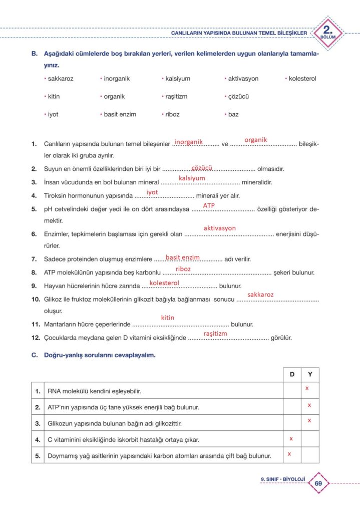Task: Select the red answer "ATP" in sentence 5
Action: [209, 205]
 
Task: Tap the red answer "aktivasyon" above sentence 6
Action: [219, 228]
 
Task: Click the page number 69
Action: [318, 483]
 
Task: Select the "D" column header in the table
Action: [292, 375]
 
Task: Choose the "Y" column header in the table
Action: [310, 375]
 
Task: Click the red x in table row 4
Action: [291, 438]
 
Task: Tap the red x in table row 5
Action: [289, 454]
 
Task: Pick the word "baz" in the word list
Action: [233, 114]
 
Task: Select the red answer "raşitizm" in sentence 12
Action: [215, 333]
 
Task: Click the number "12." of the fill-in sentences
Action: [35, 338]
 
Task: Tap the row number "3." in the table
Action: [38, 423]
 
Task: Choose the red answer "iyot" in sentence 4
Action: [152, 192]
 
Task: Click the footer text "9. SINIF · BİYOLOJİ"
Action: [283, 479]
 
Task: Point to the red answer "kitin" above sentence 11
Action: [167, 318]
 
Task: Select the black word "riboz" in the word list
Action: [173, 114]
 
